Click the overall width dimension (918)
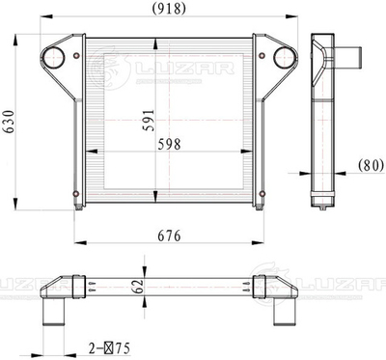pyautogui.click(x=169, y=9)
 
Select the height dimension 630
pyautogui.click(x=9, y=122)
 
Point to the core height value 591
pyautogui.click(x=149, y=121)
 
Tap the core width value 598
pyautogui.click(x=169, y=145)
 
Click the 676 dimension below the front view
pyautogui.click(x=169, y=236)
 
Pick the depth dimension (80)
pyautogui.click(x=372, y=165)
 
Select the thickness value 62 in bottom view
pyautogui.click(x=138, y=287)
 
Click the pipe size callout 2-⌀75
pyautogui.click(x=109, y=348)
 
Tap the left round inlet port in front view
pyautogui.click(x=53, y=58)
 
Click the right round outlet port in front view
pyautogui.click(x=285, y=58)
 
